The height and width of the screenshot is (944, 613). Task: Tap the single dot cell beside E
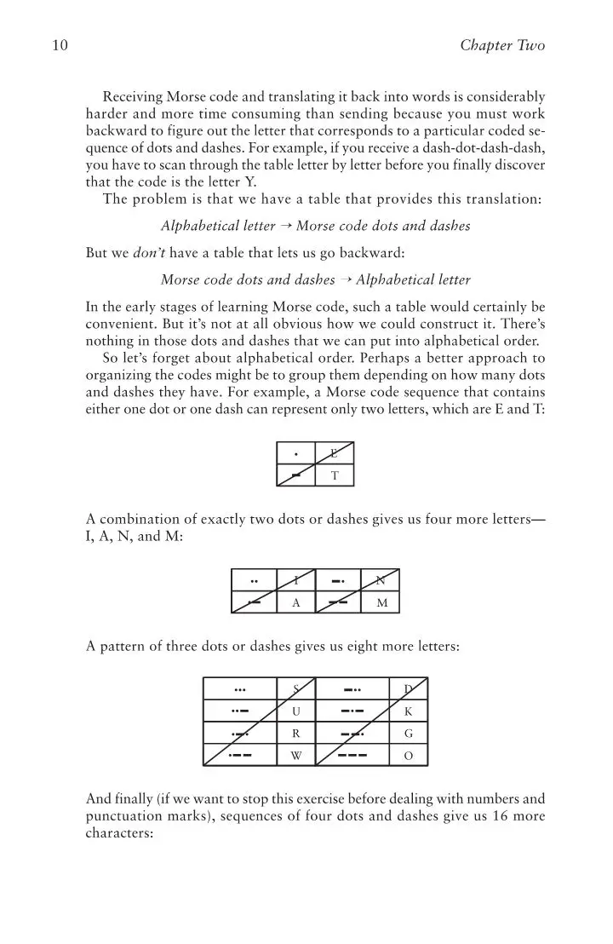click(x=295, y=454)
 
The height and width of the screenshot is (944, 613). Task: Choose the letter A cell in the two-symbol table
click(x=295, y=603)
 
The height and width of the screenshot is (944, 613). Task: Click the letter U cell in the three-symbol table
click(x=295, y=711)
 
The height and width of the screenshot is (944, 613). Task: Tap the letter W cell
click(x=295, y=755)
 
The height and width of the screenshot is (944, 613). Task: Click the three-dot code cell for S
click(x=240, y=688)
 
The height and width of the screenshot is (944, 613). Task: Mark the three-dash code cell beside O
click(x=352, y=755)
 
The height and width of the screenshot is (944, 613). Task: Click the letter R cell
click(x=295, y=733)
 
